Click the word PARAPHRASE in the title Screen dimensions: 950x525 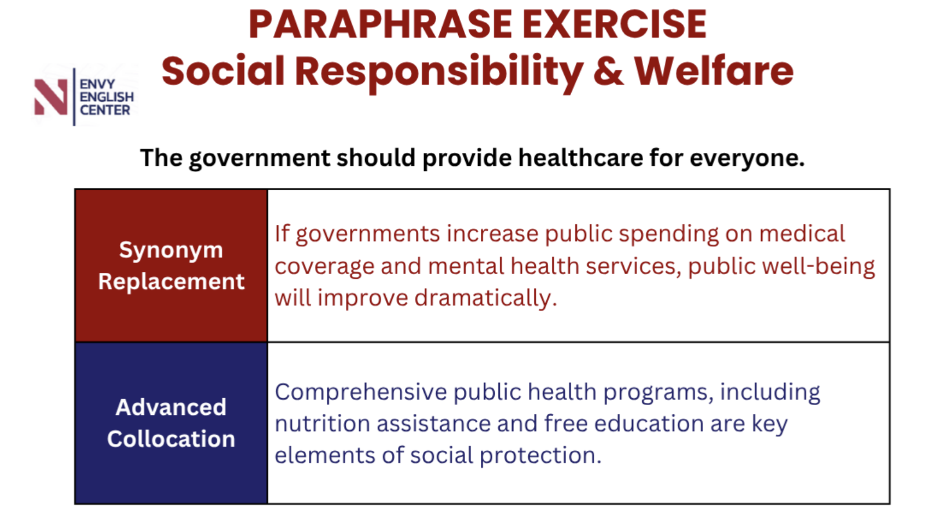coord(381,24)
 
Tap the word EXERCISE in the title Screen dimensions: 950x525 coord(615,24)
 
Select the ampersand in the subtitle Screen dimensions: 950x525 coord(608,71)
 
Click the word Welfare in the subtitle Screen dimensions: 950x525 coord(714,71)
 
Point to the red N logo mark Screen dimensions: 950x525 coord(51,97)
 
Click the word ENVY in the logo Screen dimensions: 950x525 coord(97,84)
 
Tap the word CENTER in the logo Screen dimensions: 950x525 coord(105,110)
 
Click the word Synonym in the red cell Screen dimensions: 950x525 coord(171,250)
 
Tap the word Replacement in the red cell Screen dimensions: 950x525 coord(171,282)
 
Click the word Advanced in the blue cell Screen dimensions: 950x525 coord(171,407)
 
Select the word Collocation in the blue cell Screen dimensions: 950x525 coord(171,439)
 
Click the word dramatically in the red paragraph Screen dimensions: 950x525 coord(485,298)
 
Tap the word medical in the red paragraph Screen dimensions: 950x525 coord(802,234)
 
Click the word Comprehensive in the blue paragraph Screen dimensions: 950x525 coord(361,392)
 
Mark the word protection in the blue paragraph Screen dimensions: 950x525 coord(540,456)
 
